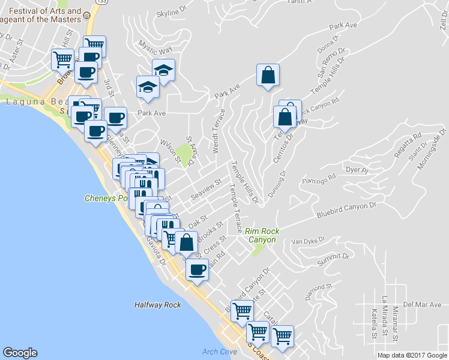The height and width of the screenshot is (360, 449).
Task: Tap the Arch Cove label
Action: tap(219, 352)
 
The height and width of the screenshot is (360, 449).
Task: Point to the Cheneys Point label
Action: tap(106, 198)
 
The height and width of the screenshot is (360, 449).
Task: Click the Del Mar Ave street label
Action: tap(422, 304)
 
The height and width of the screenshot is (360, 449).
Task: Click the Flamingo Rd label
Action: tap(318, 180)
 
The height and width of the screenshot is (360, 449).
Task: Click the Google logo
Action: tap(20, 353)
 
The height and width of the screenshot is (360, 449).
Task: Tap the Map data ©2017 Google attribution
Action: tap(412, 355)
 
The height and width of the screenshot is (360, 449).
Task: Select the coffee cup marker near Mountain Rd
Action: tap(196, 269)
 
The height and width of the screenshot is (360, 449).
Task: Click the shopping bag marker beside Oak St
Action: tap(187, 242)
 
